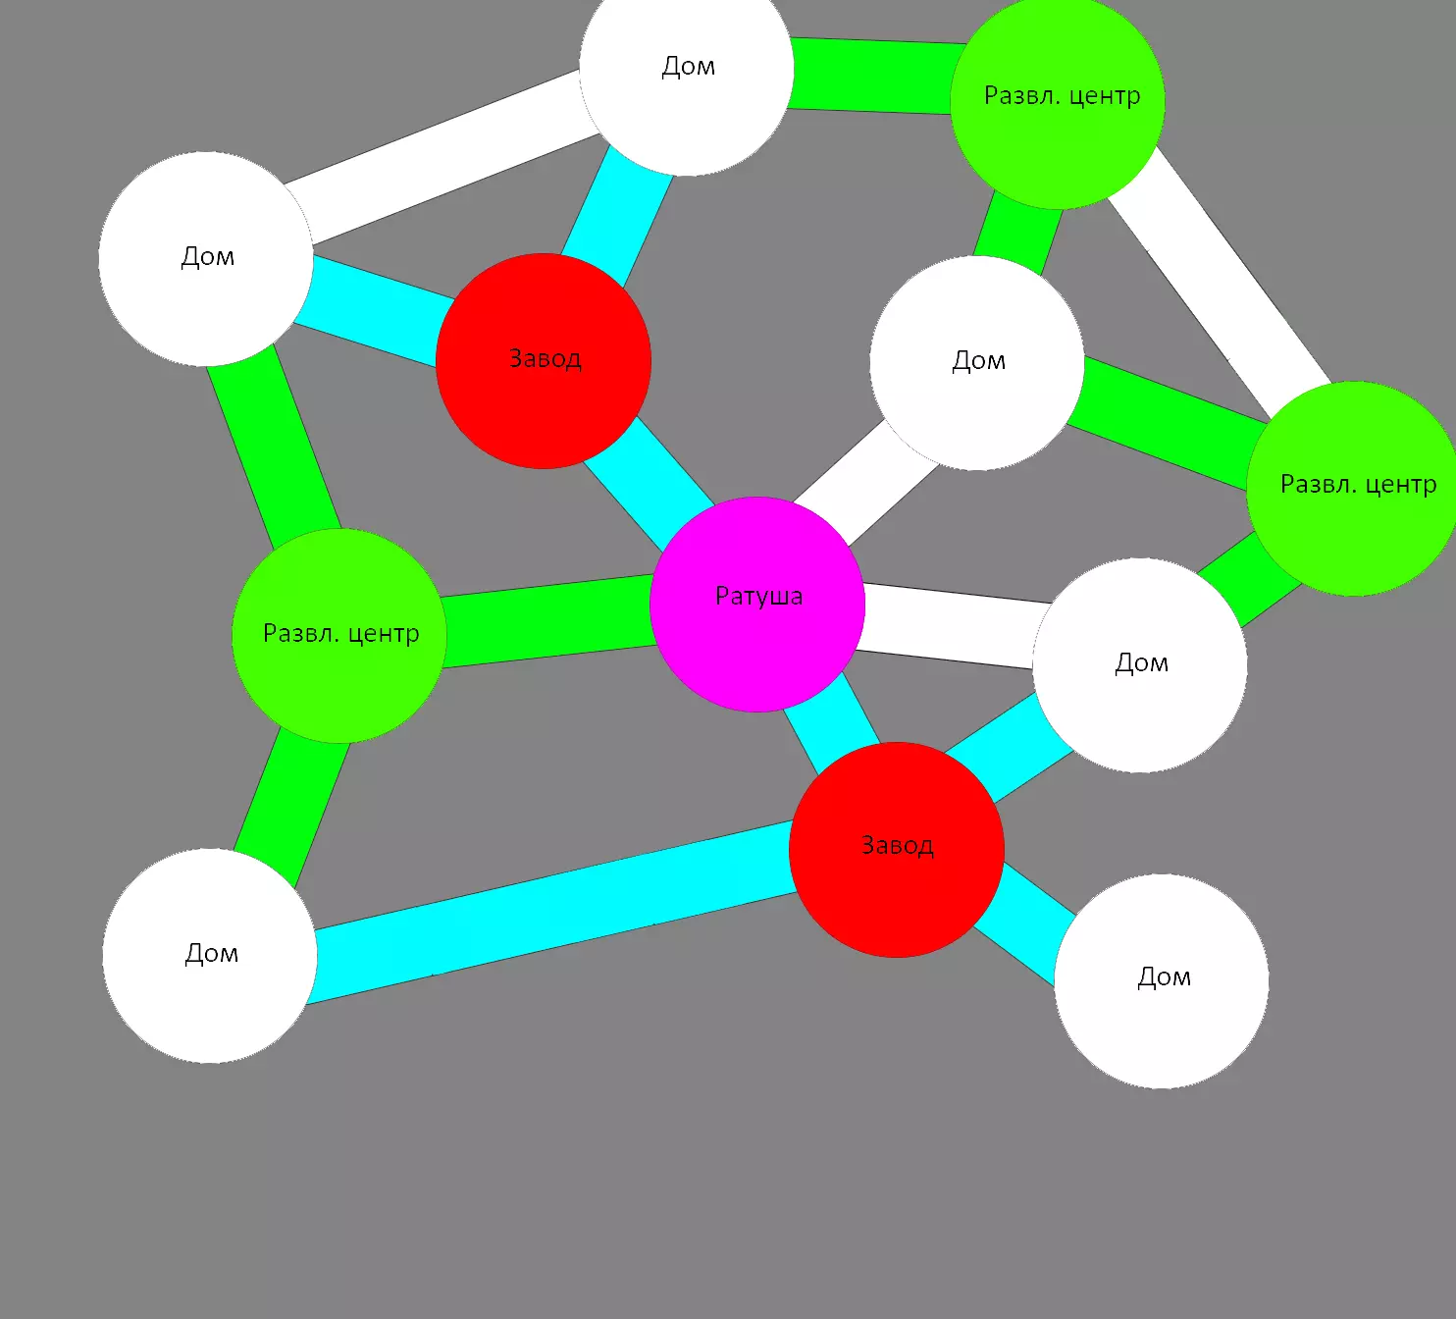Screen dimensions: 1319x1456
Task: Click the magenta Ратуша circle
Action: (757, 605)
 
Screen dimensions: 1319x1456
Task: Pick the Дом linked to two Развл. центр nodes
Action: (977, 363)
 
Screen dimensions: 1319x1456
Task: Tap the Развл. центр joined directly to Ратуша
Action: (339, 636)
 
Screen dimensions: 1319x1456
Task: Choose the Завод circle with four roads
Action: (897, 850)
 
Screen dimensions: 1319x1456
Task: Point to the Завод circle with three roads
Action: (544, 361)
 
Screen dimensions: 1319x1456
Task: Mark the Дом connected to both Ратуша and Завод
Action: (1140, 665)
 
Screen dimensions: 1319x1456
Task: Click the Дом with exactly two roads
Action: (210, 956)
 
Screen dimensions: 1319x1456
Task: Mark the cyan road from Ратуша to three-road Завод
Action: (649, 482)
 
